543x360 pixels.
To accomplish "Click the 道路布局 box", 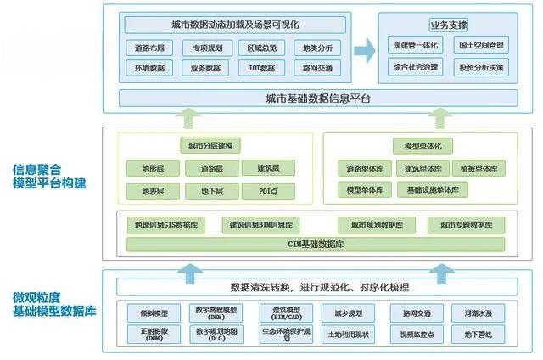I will [x=149, y=48].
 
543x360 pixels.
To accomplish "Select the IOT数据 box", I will [x=262, y=67].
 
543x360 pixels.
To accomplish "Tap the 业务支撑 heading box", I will [x=449, y=25].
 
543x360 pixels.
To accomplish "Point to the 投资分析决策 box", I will [x=482, y=65].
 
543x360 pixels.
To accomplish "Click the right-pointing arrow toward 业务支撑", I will [x=365, y=51].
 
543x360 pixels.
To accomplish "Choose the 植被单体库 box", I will [x=480, y=168].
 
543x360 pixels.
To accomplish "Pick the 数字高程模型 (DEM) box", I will [x=216, y=313].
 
